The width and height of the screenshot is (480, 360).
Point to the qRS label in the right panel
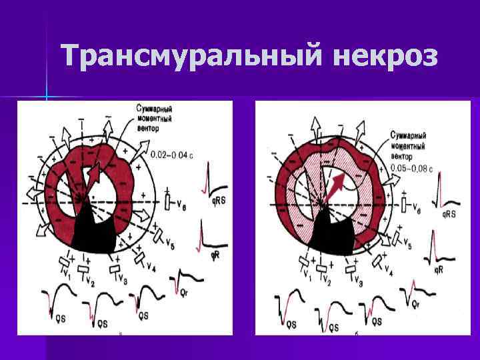[x=451, y=215]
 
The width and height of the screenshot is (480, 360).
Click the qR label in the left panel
[x=217, y=255]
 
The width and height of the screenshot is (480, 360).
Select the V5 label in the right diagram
[x=408, y=246]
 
